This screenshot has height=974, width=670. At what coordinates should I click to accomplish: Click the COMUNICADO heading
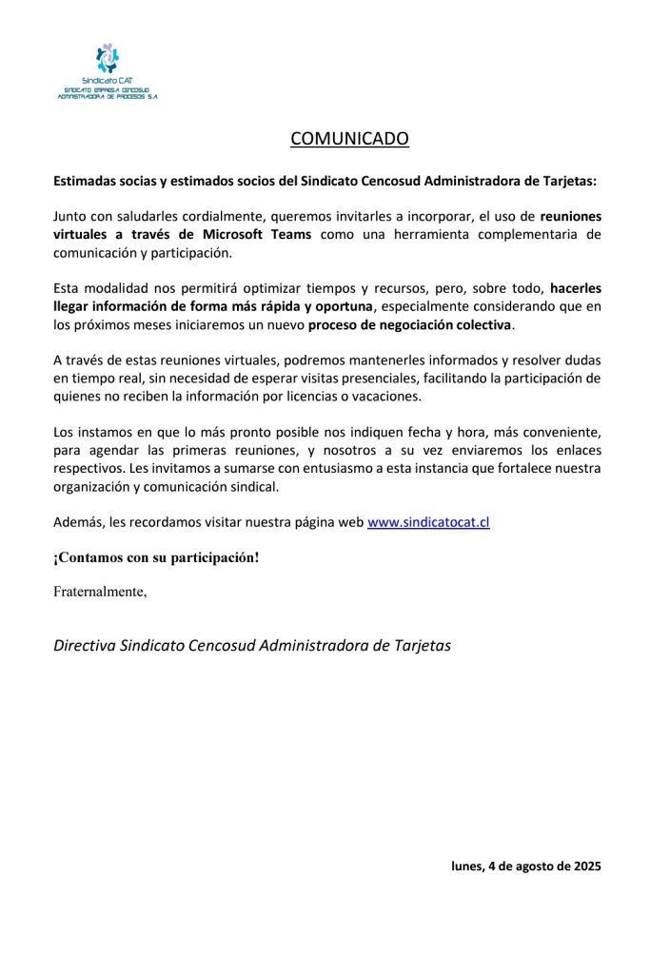349,139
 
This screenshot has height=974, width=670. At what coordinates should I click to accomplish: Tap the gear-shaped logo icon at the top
108,59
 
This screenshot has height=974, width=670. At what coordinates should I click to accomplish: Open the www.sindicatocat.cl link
428,522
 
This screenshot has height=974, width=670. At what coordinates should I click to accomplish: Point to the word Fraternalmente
100,592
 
